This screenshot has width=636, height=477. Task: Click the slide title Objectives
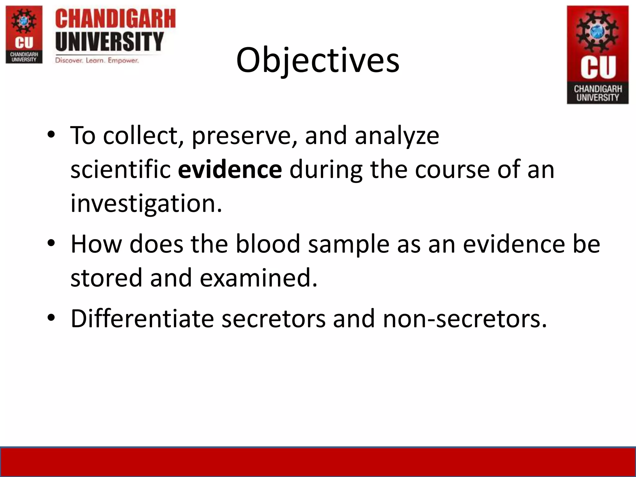pyautogui.click(x=317, y=60)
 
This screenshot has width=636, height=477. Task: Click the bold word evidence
pyautogui.click(x=230, y=170)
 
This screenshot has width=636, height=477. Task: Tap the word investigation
pyautogui.click(x=146, y=203)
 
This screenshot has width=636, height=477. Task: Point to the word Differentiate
pyautogui.click(x=142, y=319)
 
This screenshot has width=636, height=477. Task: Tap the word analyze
pyautogui.click(x=397, y=136)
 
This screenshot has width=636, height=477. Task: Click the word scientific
pyautogui.click(x=120, y=170)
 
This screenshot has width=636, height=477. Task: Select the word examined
pyautogui.click(x=258, y=278)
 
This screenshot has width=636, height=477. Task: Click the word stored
pyautogui.click(x=106, y=278)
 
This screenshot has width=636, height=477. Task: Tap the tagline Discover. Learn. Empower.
pyautogui.click(x=97, y=60)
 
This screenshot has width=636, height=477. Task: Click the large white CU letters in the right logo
pyautogui.click(x=598, y=67)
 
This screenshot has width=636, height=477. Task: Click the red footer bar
pyautogui.click(x=318, y=462)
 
